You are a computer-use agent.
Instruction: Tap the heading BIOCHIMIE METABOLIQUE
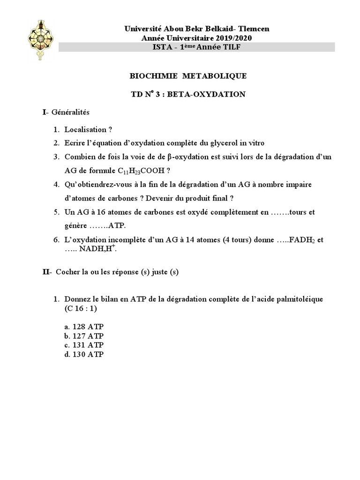coord(187,76)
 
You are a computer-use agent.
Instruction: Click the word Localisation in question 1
coord(86,129)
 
